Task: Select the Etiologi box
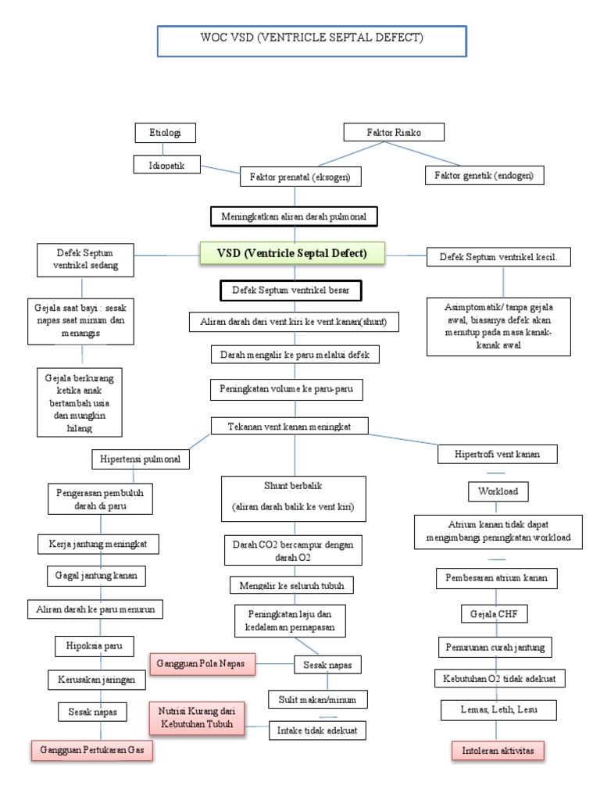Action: click(164, 133)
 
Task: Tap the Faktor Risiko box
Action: click(394, 133)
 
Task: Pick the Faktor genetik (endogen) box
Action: click(484, 177)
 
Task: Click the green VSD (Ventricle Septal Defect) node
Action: click(293, 253)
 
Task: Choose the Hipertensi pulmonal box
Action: click(141, 459)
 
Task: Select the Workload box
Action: click(498, 491)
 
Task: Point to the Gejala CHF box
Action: click(495, 614)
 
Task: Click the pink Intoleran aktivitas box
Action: click(498, 751)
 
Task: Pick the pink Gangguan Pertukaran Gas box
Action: click(92, 750)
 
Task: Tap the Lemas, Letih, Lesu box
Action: click(498, 710)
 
